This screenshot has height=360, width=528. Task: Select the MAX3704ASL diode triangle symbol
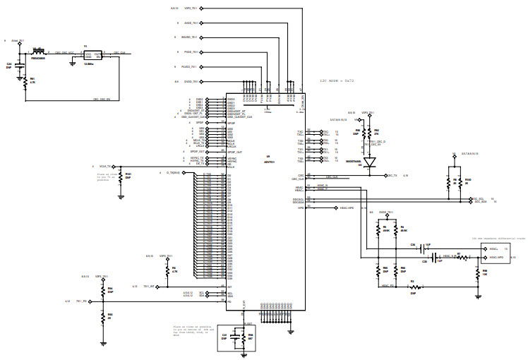(x=368, y=162)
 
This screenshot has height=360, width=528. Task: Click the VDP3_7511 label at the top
(x=191, y=8)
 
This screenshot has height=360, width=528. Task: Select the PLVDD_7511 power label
(x=189, y=66)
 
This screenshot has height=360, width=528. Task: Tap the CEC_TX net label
(x=391, y=175)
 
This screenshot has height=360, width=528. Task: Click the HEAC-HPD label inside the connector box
(x=496, y=258)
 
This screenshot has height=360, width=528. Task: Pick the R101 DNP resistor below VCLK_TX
(x=121, y=176)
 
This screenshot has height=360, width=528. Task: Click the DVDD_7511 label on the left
(x=189, y=82)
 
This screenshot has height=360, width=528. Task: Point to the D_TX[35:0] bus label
(x=172, y=173)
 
